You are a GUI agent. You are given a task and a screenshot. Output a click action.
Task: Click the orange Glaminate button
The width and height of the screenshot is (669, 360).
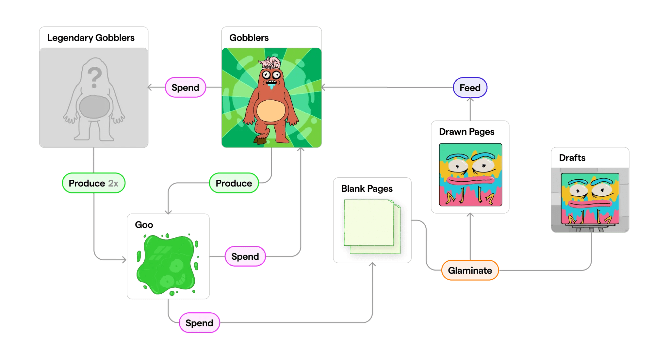[470, 270]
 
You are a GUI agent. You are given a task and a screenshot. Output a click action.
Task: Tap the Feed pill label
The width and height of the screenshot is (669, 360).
[470, 88]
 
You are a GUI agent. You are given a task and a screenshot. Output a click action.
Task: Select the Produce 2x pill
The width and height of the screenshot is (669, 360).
[93, 183]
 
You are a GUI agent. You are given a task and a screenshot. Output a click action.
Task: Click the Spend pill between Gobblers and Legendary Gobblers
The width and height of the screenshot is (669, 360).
[185, 88]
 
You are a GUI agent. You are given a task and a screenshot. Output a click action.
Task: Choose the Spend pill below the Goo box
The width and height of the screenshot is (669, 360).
[199, 323]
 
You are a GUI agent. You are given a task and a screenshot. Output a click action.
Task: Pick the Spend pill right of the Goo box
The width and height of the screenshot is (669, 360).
[245, 256]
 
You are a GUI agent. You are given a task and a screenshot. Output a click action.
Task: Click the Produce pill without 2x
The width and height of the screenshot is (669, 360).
[234, 183]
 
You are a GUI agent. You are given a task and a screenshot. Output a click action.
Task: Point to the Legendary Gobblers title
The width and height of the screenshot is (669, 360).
[91, 38]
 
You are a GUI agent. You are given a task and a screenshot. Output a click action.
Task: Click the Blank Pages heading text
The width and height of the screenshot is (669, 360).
[367, 189]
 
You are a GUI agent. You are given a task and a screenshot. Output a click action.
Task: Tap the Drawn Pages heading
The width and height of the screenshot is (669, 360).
[466, 132]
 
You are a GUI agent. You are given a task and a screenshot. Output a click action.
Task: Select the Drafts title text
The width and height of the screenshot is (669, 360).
[572, 158]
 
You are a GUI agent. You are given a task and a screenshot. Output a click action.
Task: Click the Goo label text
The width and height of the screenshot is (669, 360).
[144, 225]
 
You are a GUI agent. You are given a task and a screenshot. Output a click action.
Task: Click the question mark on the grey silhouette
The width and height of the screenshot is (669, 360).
[94, 77]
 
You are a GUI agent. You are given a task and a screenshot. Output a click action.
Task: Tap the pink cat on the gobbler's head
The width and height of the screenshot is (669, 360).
[270, 62]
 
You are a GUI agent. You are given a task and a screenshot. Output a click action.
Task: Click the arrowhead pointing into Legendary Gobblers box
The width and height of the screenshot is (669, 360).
[150, 88]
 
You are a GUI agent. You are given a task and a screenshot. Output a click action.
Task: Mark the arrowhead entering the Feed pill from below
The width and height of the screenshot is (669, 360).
[470, 100]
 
